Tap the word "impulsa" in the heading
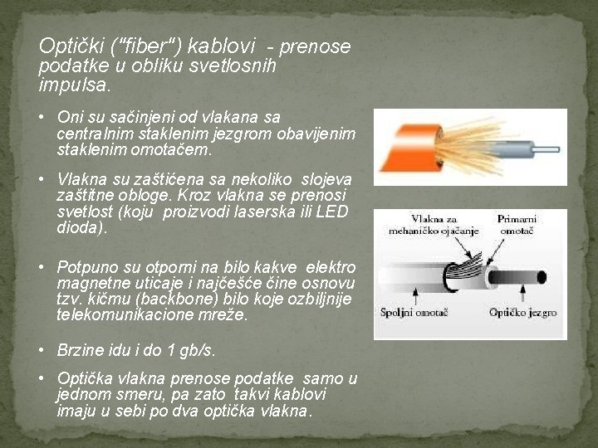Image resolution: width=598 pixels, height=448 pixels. click(72, 85)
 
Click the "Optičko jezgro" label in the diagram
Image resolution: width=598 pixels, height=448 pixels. click(522, 314)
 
